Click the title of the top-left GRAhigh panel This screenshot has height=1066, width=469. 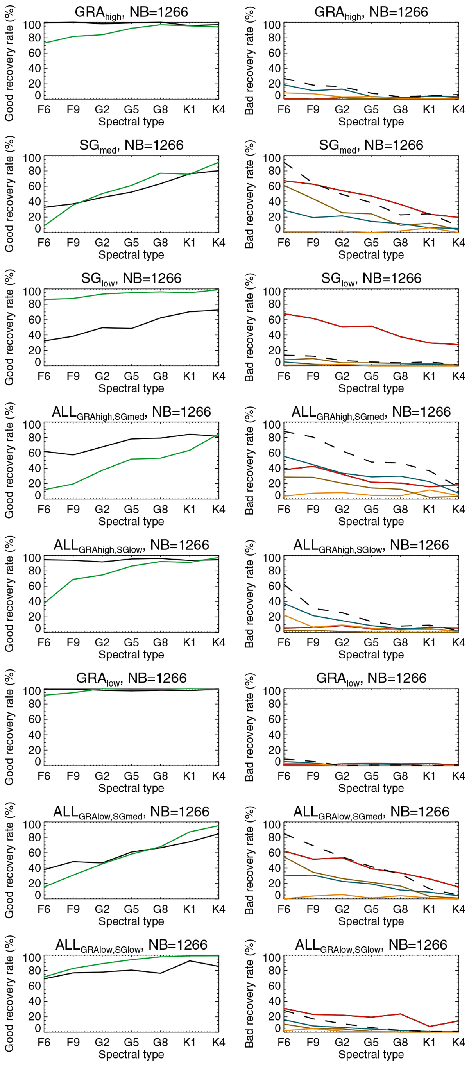(x=131, y=13)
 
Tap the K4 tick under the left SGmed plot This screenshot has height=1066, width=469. (x=218, y=243)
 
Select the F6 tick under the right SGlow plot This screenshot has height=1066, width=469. (x=284, y=376)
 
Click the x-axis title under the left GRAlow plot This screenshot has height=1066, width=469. (x=131, y=788)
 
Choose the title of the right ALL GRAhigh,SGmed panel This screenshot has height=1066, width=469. (x=371, y=412)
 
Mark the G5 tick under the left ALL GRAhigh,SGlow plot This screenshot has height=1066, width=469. (x=131, y=642)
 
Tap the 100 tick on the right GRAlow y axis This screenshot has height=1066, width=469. (x=272, y=691)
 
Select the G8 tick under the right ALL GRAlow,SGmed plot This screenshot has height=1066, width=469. (x=400, y=909)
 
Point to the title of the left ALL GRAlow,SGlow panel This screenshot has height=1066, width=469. (x=131, y=945)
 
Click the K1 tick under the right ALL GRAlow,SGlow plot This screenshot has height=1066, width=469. (x=429, y=1042)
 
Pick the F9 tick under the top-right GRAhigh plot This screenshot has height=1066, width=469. (x=313, y=110)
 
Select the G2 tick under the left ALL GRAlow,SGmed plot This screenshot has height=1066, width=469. (x=102, y=909)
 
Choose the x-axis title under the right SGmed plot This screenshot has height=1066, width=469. (x=371, y=255)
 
